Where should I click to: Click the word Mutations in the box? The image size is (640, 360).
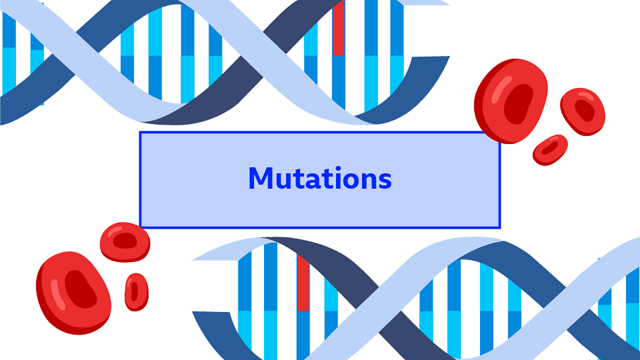(x=320, y=179)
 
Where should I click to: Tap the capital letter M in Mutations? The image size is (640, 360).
(x=261, y=179)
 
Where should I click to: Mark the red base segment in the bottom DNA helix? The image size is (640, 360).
(x=303, y=283)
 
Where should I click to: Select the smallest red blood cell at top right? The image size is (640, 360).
(x=550, y=149)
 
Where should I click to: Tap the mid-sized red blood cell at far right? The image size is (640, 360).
(x=582, y=111)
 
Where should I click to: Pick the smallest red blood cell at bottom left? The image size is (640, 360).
(x=136, y=292)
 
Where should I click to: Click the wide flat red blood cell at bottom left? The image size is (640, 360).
(x=125, y=242)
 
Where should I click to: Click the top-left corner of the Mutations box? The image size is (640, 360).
(x=140, y=132)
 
